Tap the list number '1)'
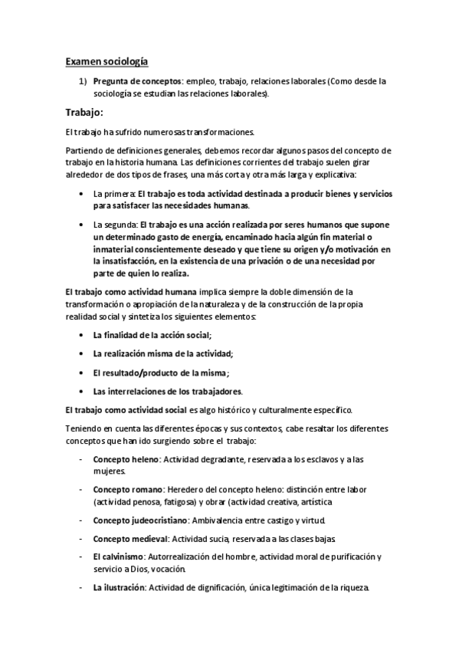(x=84, y=80)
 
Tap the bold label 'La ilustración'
(x=119, y=588)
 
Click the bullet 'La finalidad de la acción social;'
(x=152, y=335)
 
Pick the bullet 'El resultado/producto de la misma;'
(x=161, y=373)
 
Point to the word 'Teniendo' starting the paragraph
(x=83, y=428)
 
